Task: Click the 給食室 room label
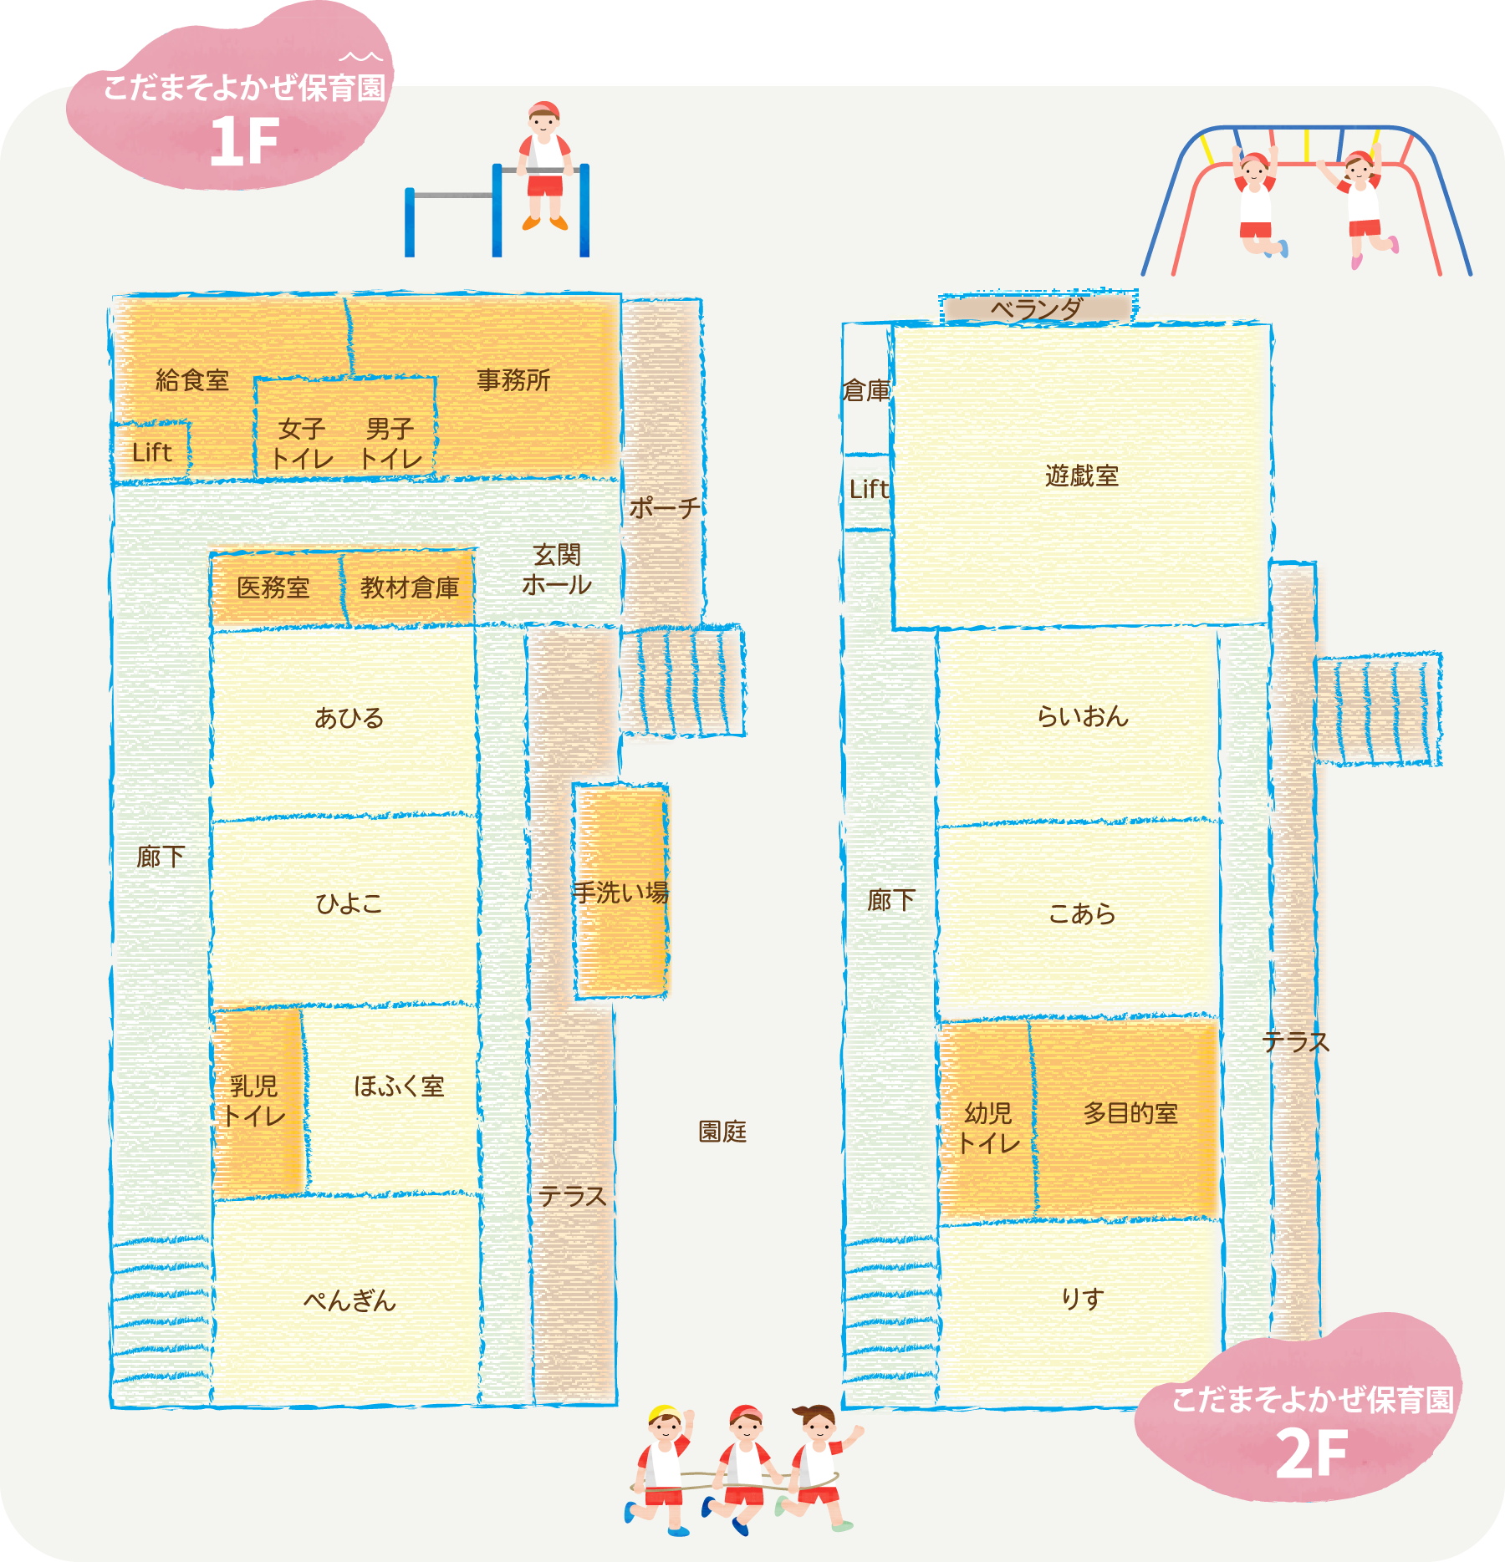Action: pyautogui.click(x=192, y=381)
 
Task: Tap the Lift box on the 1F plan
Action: pyautogui.click(x=151, y=451)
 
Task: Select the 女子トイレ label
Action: pyautogui.click(x=302, y=444)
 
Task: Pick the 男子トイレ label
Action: pyautogui.click(x=390, y=444)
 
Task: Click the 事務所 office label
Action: pyautogui.click(x=513, y=381)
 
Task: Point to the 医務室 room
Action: pyautogui.click(x=277, y=588)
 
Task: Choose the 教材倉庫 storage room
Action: pyautogui.click(x=409, y=588)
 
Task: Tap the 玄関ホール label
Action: pyautogui.click(x=557, y=570)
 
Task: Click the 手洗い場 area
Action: pyautogui.click(x=621, y=892)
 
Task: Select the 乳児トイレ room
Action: pyautogui.click(x=257, y=1102)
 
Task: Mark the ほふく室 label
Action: pyautogui.click(x=399, y=1086)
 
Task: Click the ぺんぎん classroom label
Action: pyautogui.click(x=349, y=1300)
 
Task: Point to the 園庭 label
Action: pyautogui.click(x=722, y=1132)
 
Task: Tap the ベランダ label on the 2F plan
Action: pyautogui.click(x=1037, y=309)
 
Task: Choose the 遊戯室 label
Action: pyautogui.click(x=1082, y=476)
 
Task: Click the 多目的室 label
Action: pyautogui.click(x=1130, y=1113)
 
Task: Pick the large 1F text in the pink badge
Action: pyautogui.click(x=244, y=141)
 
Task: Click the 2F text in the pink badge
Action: pyautogui.click(x=1312, y=1453)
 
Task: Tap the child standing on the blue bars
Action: pyautogui.click(x=544, y=165)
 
